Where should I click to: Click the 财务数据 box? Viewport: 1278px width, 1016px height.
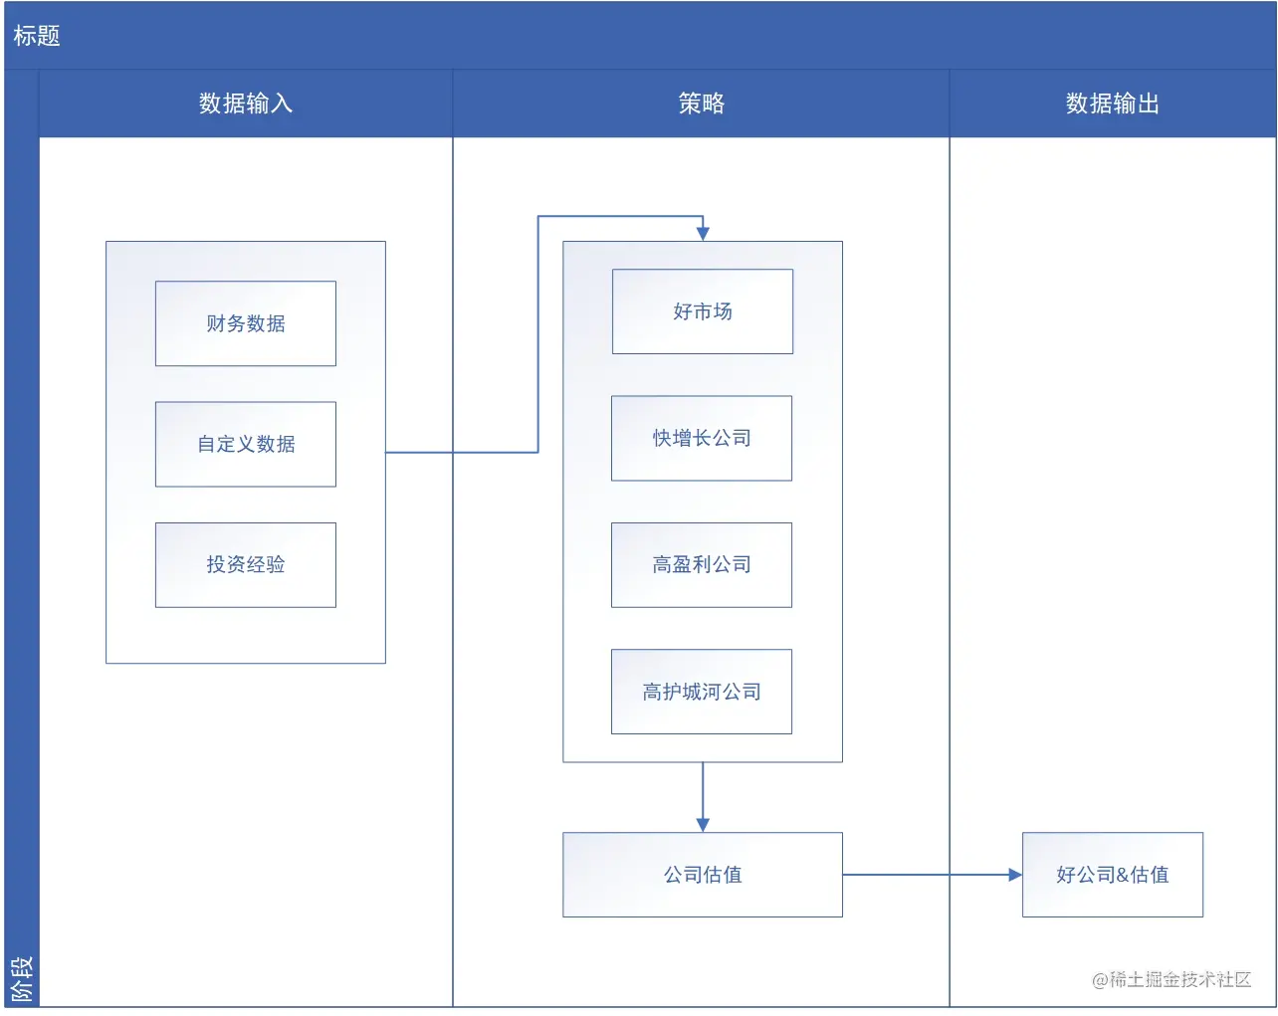pos(245,323)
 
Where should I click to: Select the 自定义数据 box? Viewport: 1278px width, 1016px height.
pos(245,444)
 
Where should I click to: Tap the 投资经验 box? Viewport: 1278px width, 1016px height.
pos(245,564)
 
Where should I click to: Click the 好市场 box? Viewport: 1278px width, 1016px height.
pos(702,311)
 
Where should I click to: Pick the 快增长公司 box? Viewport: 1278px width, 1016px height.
pos(701,438)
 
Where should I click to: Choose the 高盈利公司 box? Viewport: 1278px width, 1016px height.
pos(701,564)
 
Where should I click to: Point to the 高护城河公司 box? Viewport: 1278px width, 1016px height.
pos(701,692)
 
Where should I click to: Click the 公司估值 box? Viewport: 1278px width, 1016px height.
pos(702,875)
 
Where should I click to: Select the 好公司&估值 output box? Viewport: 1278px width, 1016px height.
pos(1112,875)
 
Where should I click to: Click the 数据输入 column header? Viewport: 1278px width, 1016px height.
pos(245,103)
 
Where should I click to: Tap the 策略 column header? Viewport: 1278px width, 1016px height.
pos(701,103)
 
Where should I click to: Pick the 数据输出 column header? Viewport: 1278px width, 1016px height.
pos(1112,103)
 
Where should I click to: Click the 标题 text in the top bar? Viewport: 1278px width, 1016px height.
pos(37,36)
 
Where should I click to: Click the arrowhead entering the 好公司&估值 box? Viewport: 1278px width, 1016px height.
pos(1015,875)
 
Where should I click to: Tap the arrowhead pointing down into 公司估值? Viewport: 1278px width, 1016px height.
pos(703,825)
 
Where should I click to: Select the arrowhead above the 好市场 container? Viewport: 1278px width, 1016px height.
pos(703,234)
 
